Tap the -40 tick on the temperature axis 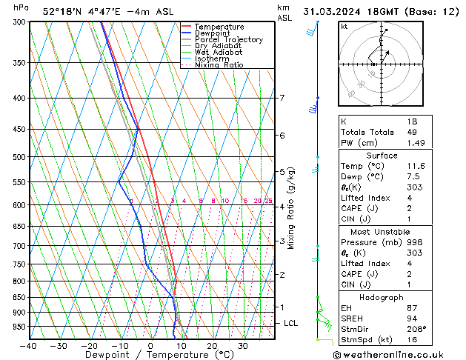(29, 345)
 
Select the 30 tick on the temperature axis (242, 345)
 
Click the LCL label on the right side (291, 324)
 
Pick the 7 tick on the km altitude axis (282, 98)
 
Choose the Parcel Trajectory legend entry (228, 40)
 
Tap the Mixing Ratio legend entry (219, 65)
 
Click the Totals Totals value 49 (413, 132)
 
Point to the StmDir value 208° (417, 329)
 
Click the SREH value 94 (413, 319)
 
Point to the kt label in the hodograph (344, 27)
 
